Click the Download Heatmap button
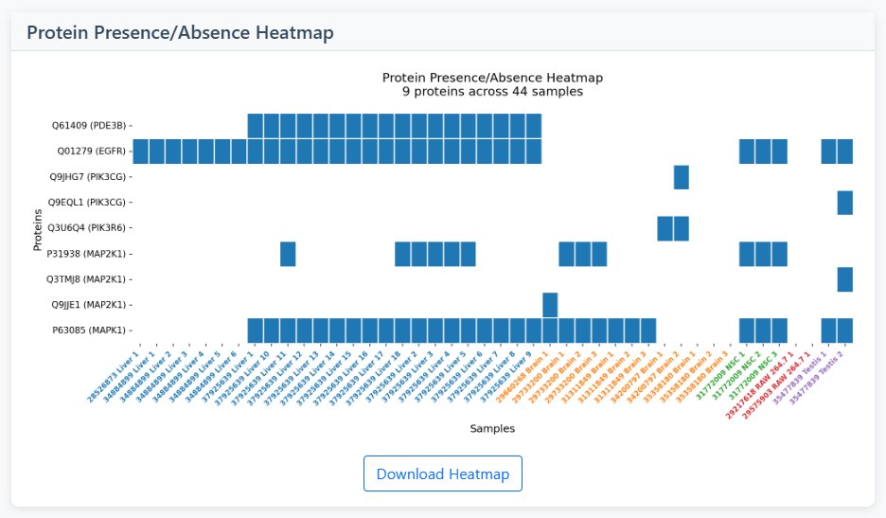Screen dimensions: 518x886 442,473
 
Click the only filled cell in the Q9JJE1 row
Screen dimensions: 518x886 550,305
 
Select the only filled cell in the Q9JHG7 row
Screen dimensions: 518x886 681,177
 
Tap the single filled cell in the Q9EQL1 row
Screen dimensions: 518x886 844,203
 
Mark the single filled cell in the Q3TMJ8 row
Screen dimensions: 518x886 844,279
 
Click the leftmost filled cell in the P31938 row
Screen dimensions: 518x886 288,254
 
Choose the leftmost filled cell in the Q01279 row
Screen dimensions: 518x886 141,152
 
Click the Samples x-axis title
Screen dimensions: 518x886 492,429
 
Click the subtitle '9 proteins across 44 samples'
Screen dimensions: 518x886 492,92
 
